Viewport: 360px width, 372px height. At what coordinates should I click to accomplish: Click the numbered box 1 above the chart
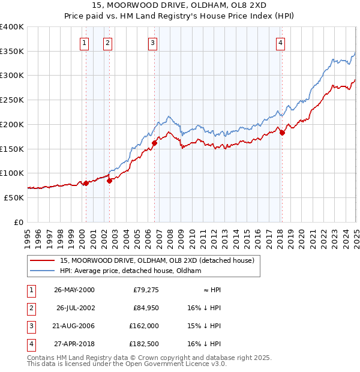84,43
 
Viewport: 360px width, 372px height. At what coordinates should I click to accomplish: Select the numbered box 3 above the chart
152,43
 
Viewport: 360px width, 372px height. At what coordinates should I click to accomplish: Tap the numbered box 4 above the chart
280,43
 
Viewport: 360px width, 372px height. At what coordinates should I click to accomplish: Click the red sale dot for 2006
154,143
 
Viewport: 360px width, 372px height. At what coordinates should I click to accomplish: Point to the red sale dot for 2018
282,133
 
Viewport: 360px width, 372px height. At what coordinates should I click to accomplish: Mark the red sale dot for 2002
109,181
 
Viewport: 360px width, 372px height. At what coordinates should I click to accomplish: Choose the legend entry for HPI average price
130,271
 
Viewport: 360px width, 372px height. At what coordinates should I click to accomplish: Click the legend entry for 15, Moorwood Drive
157,261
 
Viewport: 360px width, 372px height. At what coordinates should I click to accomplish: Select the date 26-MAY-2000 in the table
74,290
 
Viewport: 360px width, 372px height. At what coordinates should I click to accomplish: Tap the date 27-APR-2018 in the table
74,344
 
